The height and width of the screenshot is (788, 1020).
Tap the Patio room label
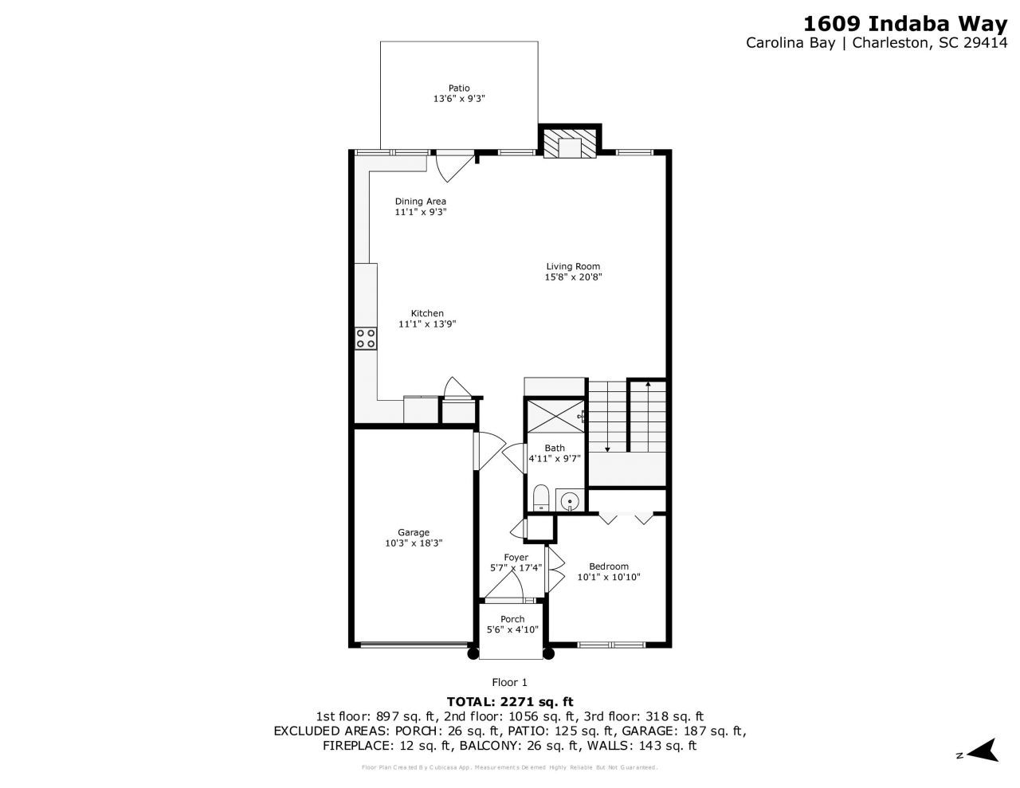pos(458,88)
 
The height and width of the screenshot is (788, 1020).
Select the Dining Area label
pos(420,202)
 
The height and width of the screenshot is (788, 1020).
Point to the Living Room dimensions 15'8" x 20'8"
pos(572,278)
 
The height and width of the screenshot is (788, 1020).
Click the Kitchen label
pos(427,313)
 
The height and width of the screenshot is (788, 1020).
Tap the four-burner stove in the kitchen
pos(366,338)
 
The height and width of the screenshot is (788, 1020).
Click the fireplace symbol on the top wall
pos(570,144)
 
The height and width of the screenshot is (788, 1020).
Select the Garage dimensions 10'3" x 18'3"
pos(413,543)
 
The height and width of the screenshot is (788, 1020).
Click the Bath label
pos(554,449)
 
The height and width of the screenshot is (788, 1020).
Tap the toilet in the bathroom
pos(540,498)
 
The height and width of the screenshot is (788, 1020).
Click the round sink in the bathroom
pos(569,501)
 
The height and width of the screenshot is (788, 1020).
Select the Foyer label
pos(516,558)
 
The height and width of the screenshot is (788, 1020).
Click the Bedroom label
pos(608,566)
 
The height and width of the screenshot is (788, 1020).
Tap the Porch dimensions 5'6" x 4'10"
pos(512,630)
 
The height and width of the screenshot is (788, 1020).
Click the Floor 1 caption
pos(509,682)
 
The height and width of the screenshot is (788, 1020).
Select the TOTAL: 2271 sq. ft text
pos(509,702)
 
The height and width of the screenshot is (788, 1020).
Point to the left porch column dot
pos(473,654)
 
